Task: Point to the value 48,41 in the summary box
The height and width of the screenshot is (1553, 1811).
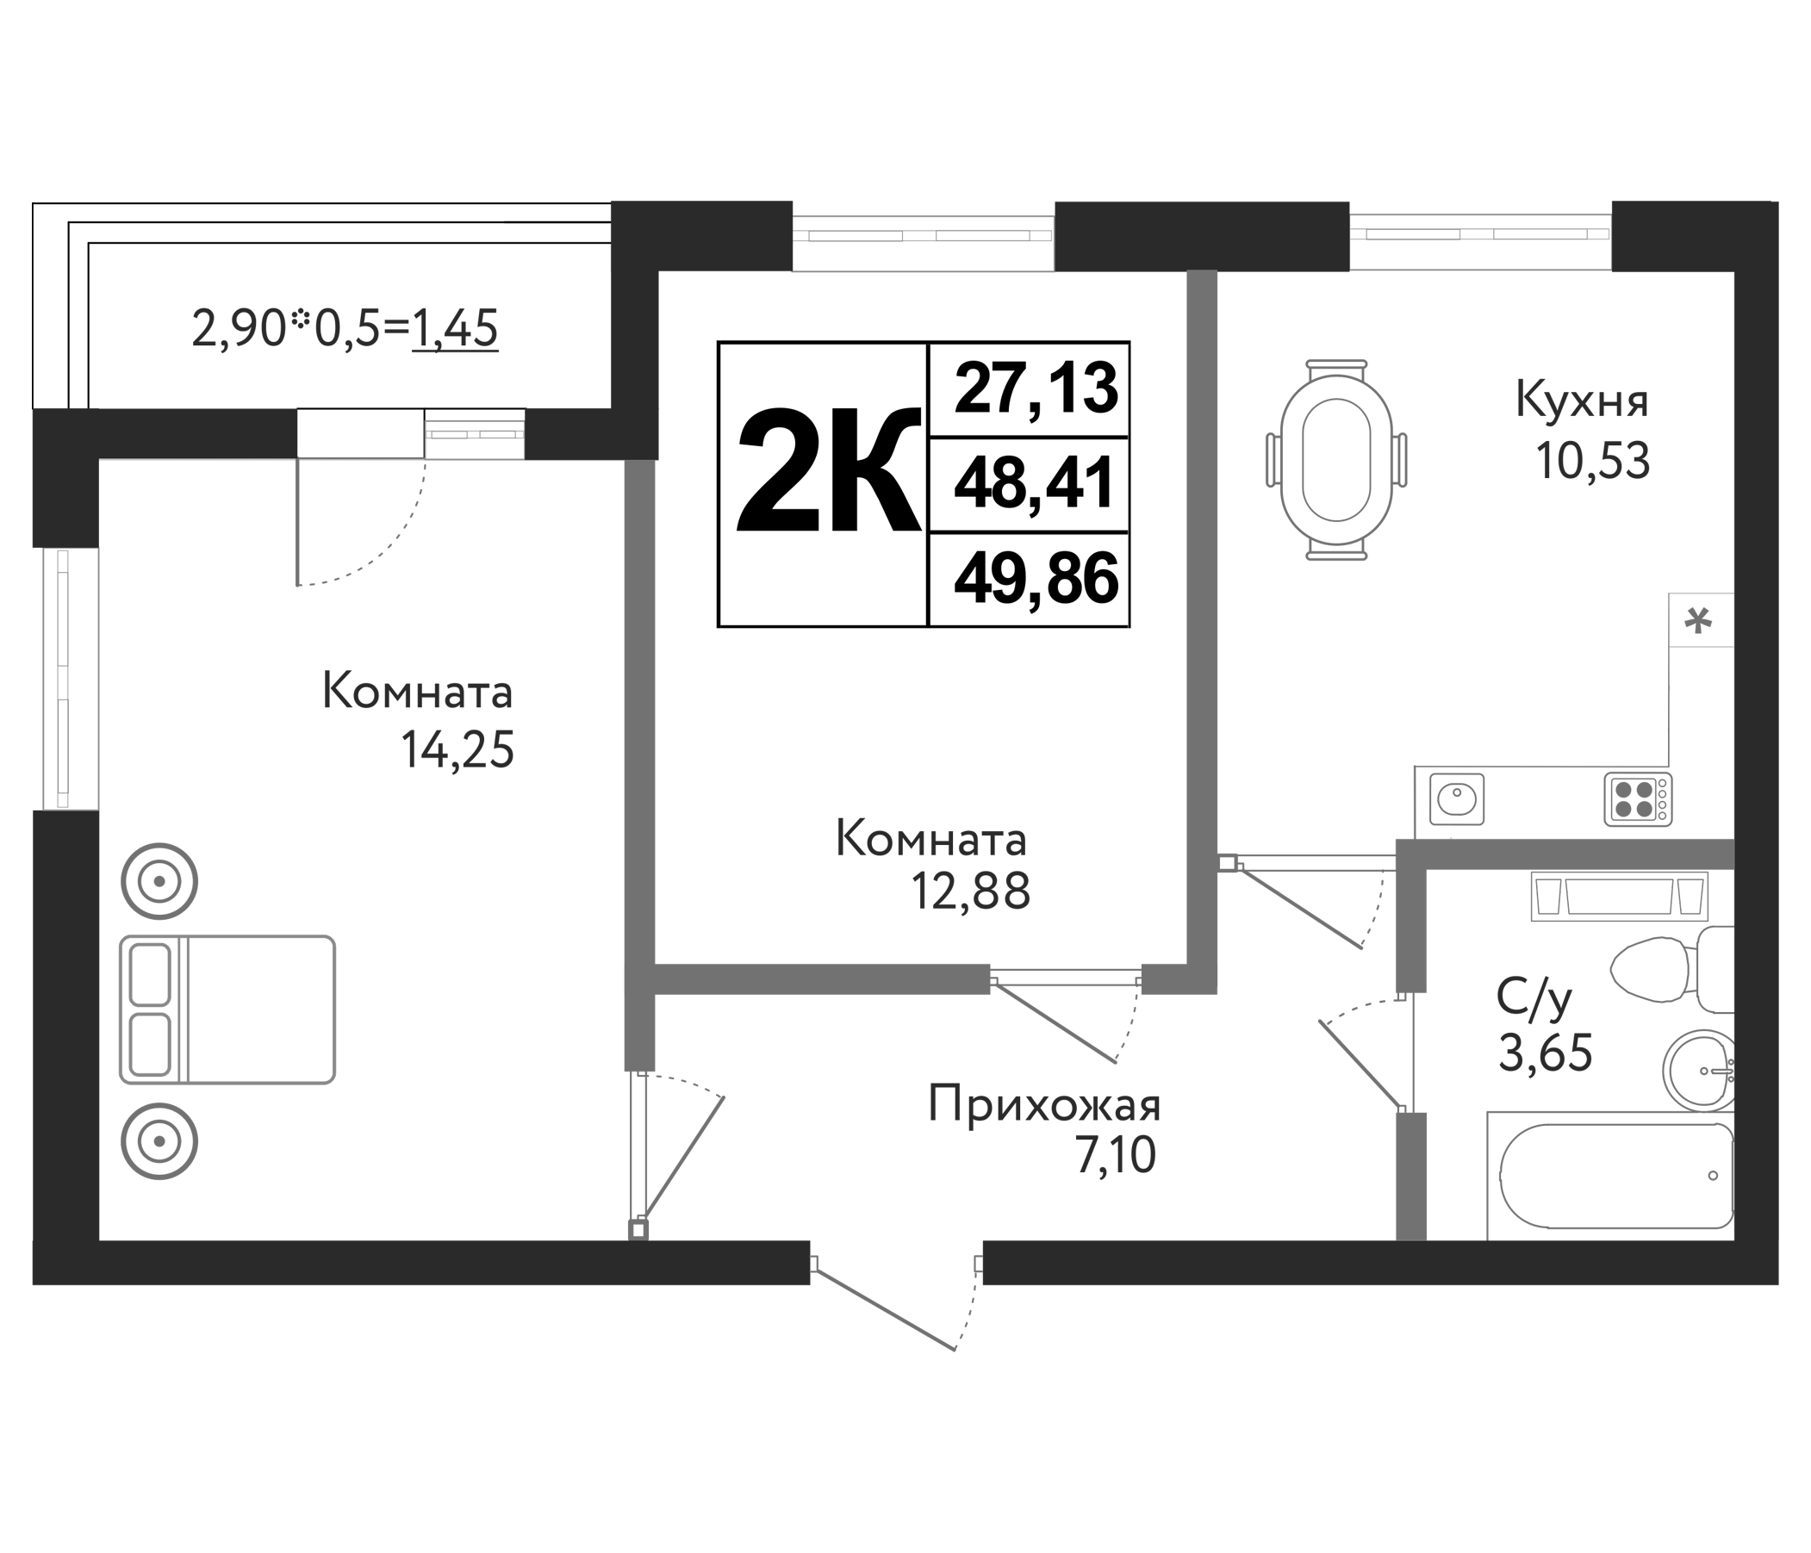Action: pyautogui.click(x=1036, y=482)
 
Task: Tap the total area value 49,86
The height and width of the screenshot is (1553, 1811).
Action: pyautogui.click(x=1036, y=579)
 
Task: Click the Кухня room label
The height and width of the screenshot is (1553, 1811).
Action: pyautogui.click(x=1582, y=401)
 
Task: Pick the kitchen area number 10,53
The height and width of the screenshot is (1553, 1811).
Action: pyautogui.click(x=1592, y=462)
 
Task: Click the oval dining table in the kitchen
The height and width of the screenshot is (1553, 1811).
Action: pyautogui.click(x=1335, y=460)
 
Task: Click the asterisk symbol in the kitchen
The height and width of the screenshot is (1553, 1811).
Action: pyautogui.click(x=1698, y=621)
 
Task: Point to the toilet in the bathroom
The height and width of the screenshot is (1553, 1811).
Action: pyautogui.click(x=1661, y=970)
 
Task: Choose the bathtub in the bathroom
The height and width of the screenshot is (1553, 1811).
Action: pyautogui.click(x=1615, y=1177)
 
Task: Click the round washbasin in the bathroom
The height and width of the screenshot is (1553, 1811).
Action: pyautogui.click(x=1698, y=1070)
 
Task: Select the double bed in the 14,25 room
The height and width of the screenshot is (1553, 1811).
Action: pyautogui.click(x=227, y=1009)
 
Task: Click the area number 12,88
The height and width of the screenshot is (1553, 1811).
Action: pyautogui.click(x=970, y=892)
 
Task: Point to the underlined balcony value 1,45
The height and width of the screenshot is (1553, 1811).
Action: pyautogui.click(x=455, y=330)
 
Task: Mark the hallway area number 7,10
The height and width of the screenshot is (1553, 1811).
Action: pyautogui.click(x=1115, y=1156)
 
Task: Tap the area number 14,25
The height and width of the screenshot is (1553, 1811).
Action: pyautogui.click(x=457, y=750)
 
